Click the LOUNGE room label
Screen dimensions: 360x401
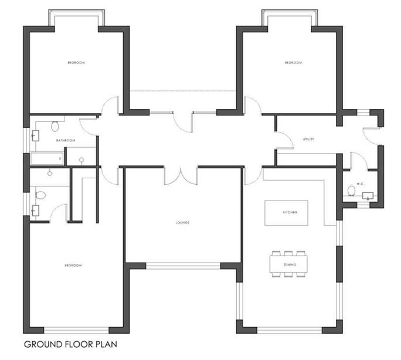[183, 222]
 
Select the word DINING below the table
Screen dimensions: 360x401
[288, 265]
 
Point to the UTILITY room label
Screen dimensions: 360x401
[308, 139]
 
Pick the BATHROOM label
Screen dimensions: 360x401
[66, 140]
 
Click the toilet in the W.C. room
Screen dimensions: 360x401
[351, 191]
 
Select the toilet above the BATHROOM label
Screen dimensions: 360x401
[55, 125]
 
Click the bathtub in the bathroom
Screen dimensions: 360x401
[46, 158]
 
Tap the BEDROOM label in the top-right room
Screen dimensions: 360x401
[293, 63]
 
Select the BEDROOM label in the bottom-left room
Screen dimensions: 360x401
[73, 266]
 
